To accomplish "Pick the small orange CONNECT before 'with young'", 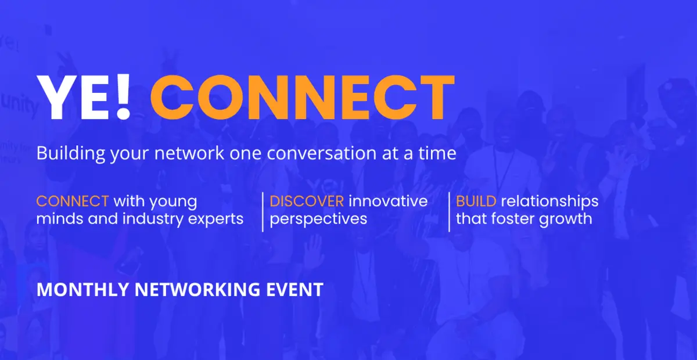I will pos(73,201).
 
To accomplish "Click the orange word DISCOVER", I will pos(307,201).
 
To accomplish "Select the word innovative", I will pos(388,201).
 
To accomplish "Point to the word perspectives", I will pos(318,219).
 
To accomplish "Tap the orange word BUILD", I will pos(476,201).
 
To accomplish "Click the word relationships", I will pos(549,201).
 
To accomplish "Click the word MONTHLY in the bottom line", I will pos(72,290).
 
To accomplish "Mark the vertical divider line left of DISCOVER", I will pos(263,211).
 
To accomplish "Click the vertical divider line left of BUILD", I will pos(449,211).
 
